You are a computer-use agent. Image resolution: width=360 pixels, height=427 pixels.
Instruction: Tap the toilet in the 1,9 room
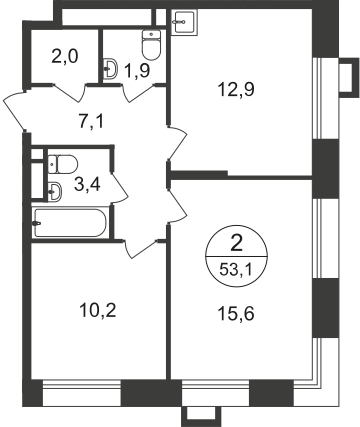(152, 44)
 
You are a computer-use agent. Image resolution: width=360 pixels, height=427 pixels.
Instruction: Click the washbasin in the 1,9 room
(112, 68)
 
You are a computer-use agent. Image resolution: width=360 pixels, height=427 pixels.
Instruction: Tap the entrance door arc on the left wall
(12, 107)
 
